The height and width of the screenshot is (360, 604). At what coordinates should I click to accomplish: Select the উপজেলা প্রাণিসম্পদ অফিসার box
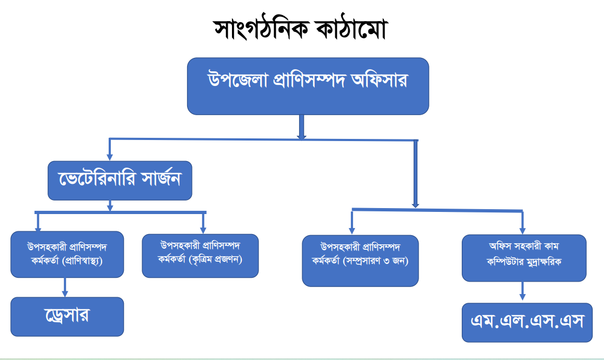pos(308,86)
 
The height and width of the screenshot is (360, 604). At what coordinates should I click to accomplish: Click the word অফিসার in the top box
pos(379,81)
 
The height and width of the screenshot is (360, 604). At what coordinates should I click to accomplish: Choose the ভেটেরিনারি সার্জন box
pos(120,180)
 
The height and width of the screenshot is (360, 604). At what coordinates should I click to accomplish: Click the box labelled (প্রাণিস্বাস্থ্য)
pos(67,254)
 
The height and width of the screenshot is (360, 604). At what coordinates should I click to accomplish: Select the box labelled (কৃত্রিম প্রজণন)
pos(200,255)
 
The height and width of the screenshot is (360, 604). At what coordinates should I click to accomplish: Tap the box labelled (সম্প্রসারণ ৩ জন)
pos(360,261)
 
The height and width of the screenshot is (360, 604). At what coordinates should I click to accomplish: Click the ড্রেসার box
pos(67,316)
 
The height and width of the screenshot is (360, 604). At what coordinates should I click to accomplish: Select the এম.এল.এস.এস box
pos(527,322)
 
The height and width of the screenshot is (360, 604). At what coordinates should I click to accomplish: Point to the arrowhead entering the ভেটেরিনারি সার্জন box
pos(110,157)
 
